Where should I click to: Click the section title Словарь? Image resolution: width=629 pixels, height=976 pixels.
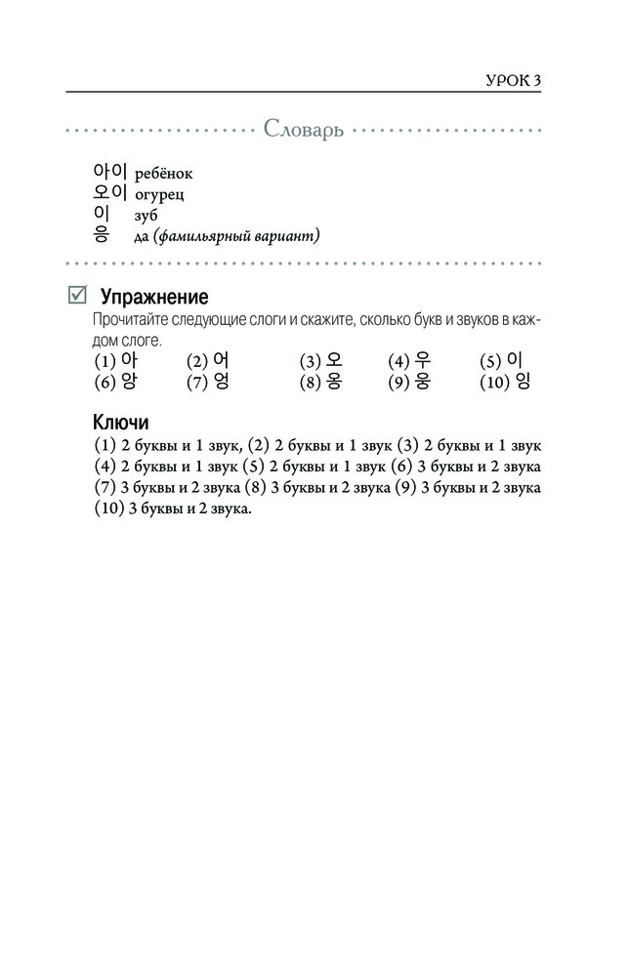[x=303, y=131]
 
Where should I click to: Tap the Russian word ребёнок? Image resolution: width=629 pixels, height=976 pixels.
[x=163, y=174]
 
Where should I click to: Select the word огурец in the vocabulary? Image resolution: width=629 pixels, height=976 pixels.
[x=160, y=194]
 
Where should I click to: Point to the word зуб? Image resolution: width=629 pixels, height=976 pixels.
[x=147, y=215]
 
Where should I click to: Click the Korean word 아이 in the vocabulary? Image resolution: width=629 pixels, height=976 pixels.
[x=110, y=172]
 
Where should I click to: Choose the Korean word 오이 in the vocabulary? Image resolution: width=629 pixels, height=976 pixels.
[x=110, y=192]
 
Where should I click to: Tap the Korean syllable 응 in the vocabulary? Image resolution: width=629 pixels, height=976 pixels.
[x=101, y=234]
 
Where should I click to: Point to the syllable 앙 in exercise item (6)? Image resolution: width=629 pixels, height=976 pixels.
[x=129, y=382]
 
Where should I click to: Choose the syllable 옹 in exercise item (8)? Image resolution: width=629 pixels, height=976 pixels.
[x=334, y=382]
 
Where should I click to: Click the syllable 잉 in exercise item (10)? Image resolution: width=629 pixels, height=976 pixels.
[x=522, y=382]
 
